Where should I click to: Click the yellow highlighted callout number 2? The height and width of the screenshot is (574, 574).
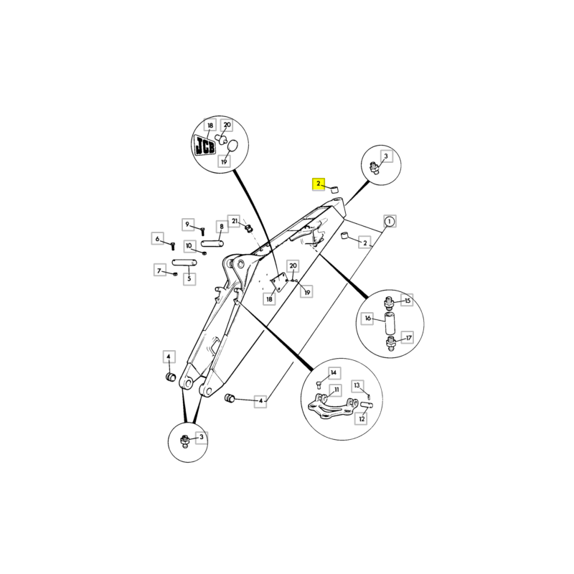pos(318,184)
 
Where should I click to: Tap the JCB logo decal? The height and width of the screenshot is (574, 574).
pos(204,146)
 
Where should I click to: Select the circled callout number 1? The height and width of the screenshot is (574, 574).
pos(390,221)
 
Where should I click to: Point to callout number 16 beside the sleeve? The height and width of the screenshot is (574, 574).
pos(367,319)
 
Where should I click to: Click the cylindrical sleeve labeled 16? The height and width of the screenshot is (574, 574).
pos(390,323)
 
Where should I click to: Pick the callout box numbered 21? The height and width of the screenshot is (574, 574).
pos(235,221)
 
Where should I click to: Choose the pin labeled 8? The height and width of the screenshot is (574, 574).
pos(212,243)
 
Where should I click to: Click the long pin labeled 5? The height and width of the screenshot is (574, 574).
pos(184,263)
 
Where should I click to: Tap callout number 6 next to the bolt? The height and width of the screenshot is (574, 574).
pos(157,239)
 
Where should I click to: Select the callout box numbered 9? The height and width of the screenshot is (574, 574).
pos(188,225)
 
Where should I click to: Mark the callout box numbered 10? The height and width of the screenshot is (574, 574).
pos(189,246)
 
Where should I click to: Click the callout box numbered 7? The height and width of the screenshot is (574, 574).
pos(159,270)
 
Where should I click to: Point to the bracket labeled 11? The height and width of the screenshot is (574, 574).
pos(333,407)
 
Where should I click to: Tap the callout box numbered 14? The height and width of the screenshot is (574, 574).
pos(334,373)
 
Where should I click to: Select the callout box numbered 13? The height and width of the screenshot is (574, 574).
pos(357,385)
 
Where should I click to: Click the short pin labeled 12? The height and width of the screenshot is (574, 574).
pos(367,405)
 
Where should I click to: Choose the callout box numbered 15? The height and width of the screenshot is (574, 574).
pos(407,301)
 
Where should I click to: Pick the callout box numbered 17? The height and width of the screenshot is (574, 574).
pos(408,338)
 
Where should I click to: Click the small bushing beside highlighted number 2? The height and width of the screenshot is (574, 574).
pos(334,189)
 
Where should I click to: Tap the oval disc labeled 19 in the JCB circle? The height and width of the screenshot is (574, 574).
pos(232,146)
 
